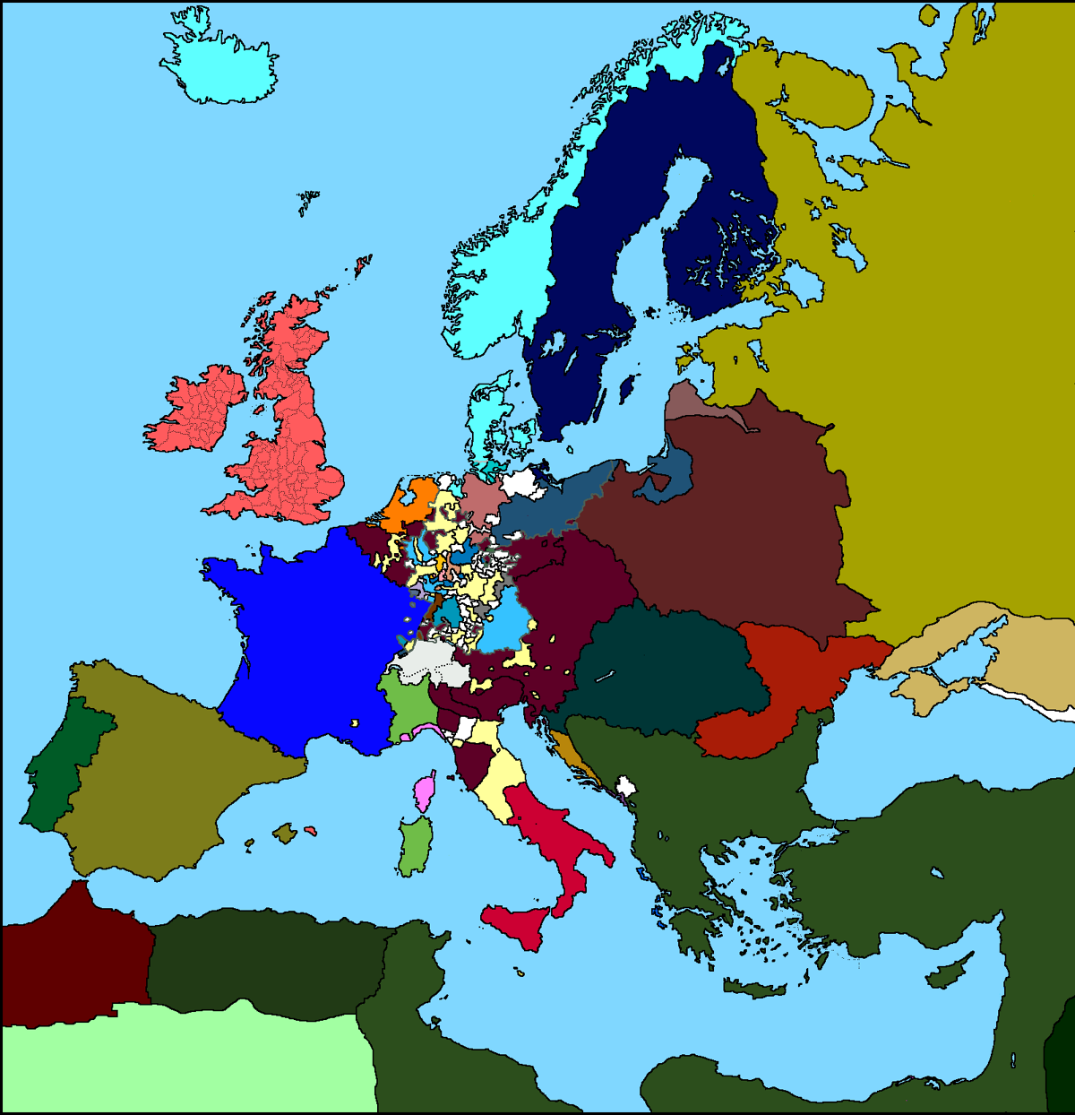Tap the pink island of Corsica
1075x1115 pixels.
pos(424,791)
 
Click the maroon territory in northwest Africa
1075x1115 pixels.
pos(72,950)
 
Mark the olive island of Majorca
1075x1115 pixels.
pos(285,834)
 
